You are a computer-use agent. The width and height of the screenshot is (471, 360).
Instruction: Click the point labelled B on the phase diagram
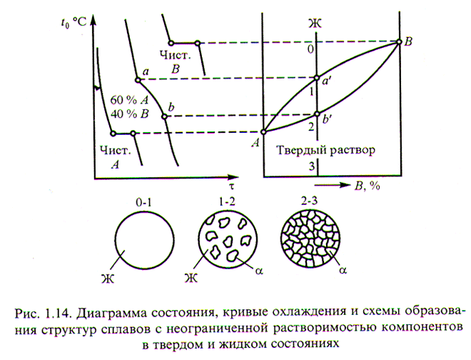tap(400, 41)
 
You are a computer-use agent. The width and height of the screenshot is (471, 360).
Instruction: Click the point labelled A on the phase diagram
tap(263, 132)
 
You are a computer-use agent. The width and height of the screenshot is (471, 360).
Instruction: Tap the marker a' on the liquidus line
tap(318, 78)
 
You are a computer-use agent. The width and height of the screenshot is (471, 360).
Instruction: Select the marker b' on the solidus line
tap(318, 114)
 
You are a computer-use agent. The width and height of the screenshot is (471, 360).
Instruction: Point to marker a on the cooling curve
tap(137, 79)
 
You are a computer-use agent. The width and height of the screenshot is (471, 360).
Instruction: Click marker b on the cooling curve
tap(163, 116)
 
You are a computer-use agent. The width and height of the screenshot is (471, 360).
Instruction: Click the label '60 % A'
tap(128, 99)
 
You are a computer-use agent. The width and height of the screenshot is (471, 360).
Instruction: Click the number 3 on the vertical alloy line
tap(311, 166)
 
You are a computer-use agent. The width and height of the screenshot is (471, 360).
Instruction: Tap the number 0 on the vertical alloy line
tap(310, 49)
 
